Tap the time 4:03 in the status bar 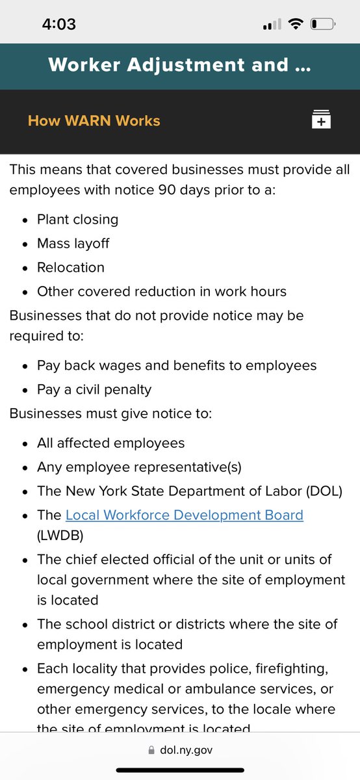click(58, 25)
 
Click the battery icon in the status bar click(323, 25)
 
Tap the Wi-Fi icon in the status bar click(296, 25)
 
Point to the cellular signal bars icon click(272, 25)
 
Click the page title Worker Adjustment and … click(179, 64)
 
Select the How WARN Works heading click(94, 120)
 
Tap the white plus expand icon click(321, 120)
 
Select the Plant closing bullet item click(77, 219)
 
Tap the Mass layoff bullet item click(73, 243)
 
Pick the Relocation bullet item click(70, 267)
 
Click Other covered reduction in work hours click(161, 291)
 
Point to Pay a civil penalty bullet click(94, 389)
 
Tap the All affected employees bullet click(110, 443)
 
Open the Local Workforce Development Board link click(184, 515)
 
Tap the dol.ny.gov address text click(186, 750)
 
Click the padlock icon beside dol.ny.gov click(152, 750)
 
